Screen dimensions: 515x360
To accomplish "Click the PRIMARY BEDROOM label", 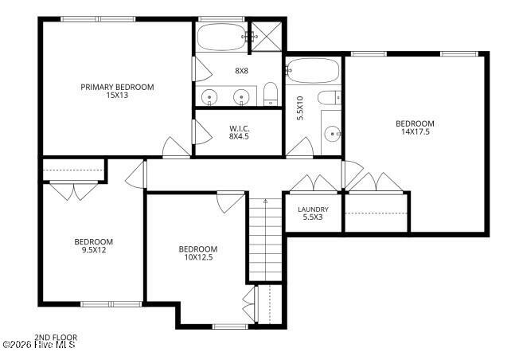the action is tap(117, 87).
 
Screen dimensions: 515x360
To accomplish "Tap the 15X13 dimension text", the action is tap(117, 96).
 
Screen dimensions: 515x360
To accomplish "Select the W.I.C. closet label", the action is tap(239, 128).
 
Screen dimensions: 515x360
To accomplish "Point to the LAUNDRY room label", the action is tap(313, 209).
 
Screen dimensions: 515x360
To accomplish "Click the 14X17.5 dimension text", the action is tap(416, 132).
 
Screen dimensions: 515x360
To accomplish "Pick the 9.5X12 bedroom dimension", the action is tap(94, 250).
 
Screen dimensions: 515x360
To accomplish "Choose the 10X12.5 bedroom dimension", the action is tap(198, 257).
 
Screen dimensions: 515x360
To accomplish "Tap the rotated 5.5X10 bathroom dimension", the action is tap(300, 108).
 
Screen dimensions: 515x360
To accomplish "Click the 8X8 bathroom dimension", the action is tap(241, 71).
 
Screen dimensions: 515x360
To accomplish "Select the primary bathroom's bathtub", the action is tap(222, 37).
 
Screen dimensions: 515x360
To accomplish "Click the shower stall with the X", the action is tap(267, 37).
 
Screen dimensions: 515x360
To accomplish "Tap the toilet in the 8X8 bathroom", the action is tap(271, 94).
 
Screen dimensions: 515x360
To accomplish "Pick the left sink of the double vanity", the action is tap(209, 97).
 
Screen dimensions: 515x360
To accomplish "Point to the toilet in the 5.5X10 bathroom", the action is tap(329, 97).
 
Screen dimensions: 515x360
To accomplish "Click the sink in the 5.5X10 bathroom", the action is tap(333, 134).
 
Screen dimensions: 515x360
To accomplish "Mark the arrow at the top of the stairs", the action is tap(266, 200).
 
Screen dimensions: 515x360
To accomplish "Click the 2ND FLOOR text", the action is tap(56, 338).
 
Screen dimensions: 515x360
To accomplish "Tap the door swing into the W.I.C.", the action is tap(203, 131).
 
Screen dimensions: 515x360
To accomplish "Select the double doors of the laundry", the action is tap(314, 183).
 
